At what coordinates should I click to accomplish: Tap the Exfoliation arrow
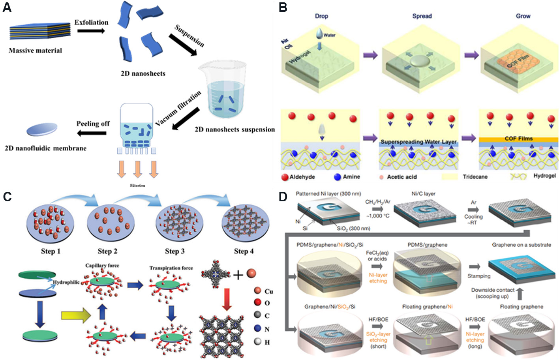pos(91,31)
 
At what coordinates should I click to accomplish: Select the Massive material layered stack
pos(39,31)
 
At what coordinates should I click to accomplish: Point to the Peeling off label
pos(93,124)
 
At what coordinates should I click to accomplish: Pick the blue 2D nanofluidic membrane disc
pos(42,129)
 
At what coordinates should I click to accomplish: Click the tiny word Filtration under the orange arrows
pos(137,186)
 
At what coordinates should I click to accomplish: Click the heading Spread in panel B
pos(422,16)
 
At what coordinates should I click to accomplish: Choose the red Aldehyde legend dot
pos(285,177)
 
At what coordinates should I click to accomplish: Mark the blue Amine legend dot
pos(337,177)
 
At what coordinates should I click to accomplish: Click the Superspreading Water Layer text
pos(418,141)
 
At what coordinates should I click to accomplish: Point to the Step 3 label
pos(174,251)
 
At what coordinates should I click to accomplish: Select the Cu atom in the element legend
pos(258,291)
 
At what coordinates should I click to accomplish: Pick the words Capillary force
pos(102,266)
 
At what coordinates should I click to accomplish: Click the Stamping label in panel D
pos(478,276)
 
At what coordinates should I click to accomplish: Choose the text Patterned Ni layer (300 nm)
pos(328,194)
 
